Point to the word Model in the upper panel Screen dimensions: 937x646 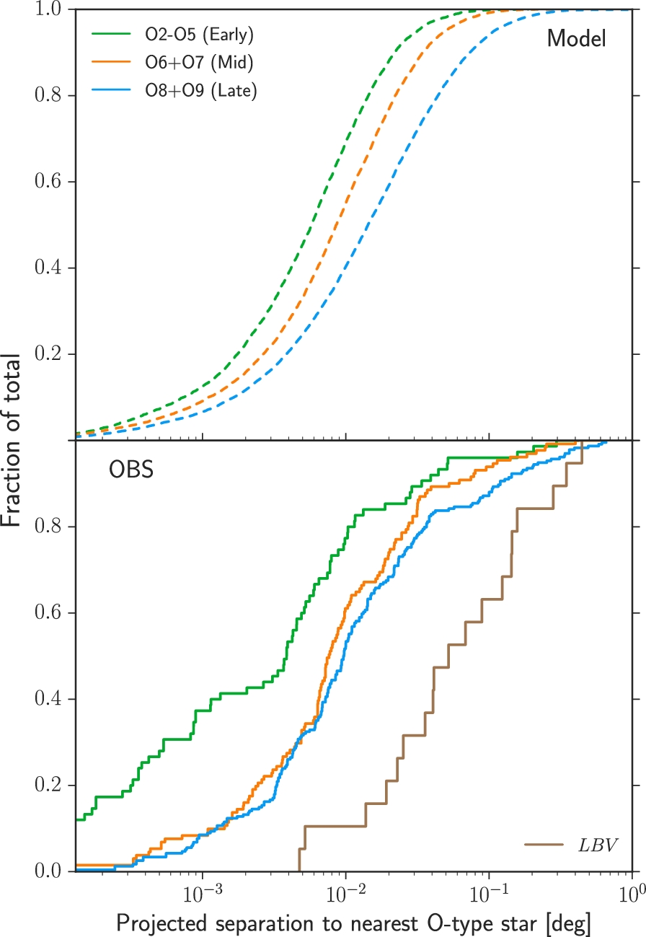click(x=576, y=39)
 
